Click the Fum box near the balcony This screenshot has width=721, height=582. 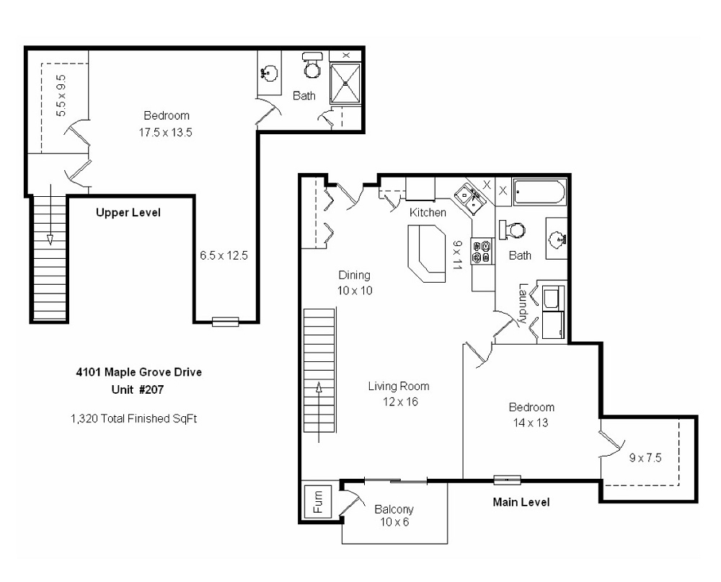pyautogui.click(x=317, y=502)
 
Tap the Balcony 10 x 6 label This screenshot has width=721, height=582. pyautogui.click(x=394, y=516)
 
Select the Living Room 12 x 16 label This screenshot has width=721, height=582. pyautogui.click(x=393, y=394)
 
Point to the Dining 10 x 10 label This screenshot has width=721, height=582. pyautogui.click(x=355, y=282)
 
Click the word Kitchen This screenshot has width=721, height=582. pyautogui.click(x=428, y=213)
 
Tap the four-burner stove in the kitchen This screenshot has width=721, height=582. pyautogui.click(x=481, y=252)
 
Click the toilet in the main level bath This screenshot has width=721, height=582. pyautogui.click(x=513, y=230)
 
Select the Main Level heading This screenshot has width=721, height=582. pyautogui.click(x=521, y=502)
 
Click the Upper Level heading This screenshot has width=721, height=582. pyautogui.click(x=128, y=213)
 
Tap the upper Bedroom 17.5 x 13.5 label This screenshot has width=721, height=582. pyautogui.click(x=167, y=123)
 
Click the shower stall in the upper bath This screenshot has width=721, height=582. pyautogui.click(x=347, y=82)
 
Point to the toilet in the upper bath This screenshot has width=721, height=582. pyautogui.click(x=312, y=66)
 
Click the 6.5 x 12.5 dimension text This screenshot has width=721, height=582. pyautogui.click(x=224, y=255)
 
